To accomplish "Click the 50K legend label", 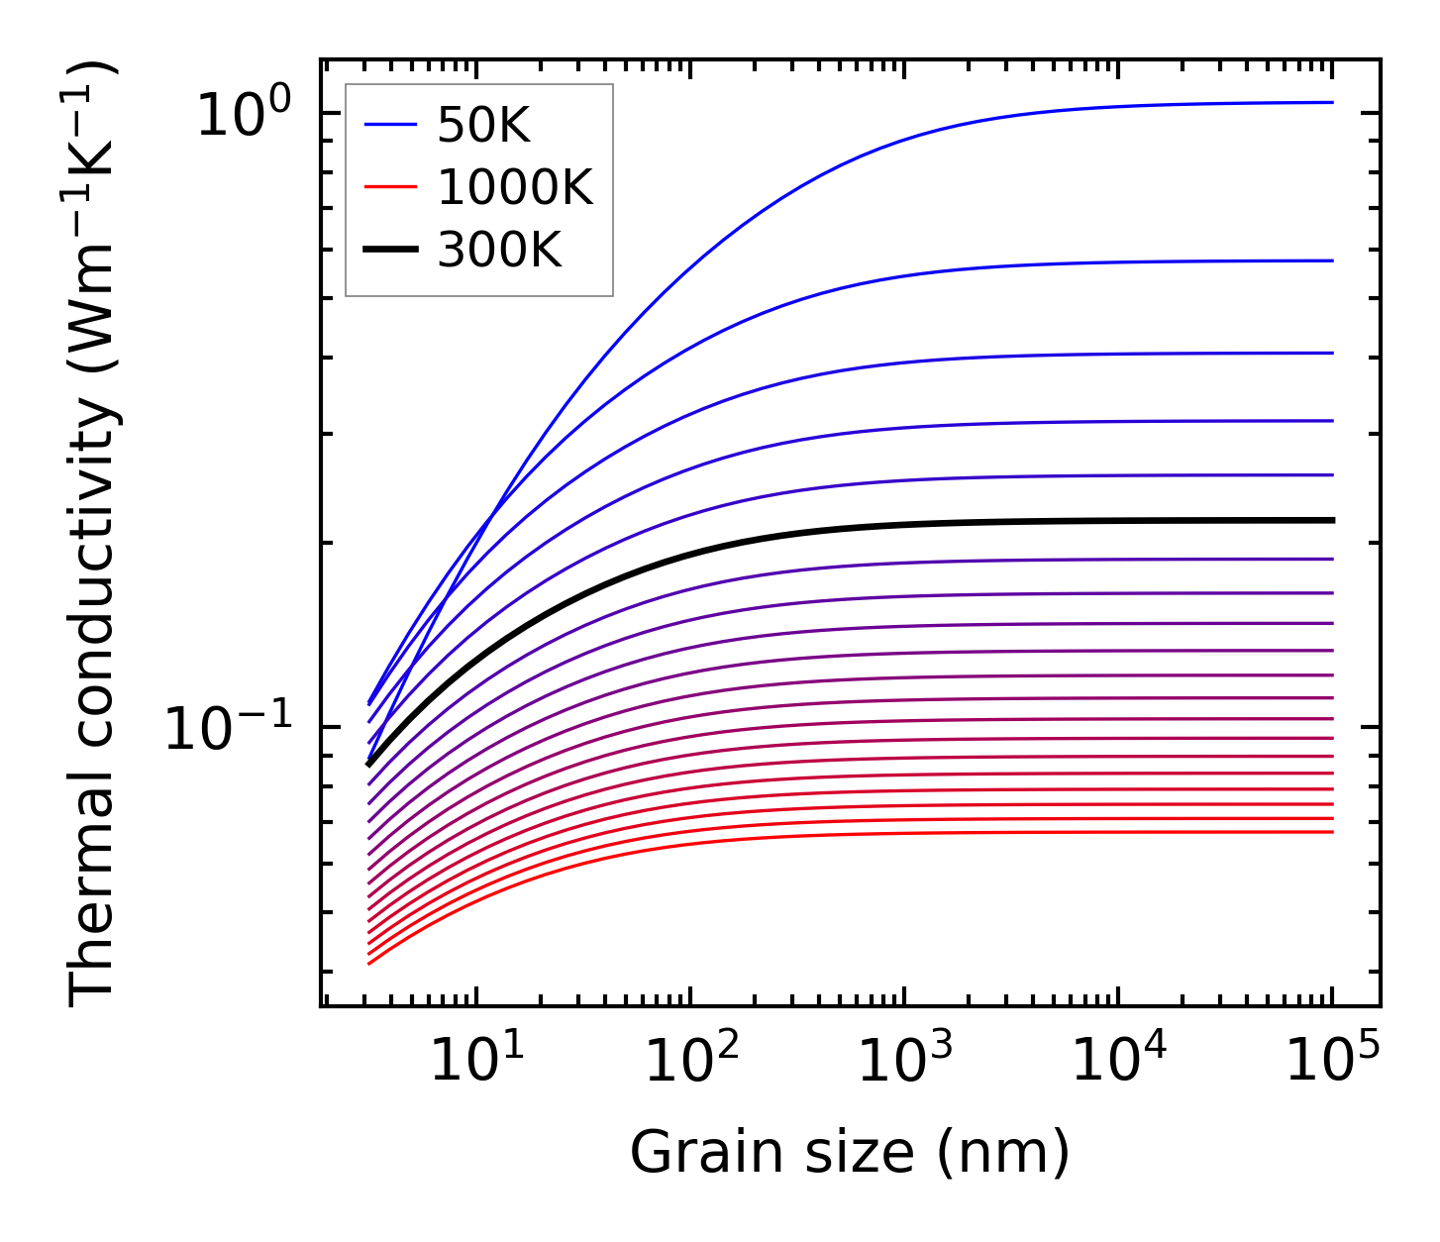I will click(x=484, y=125).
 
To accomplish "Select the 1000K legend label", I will click(x=515, y=187).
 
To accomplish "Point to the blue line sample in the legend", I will click(x=391, y=125).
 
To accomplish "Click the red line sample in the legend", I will click(x=391, y=187).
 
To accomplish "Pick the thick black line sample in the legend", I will click(x=391, y=250).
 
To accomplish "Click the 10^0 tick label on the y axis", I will click(x=244, y=114).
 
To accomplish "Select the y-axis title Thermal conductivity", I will click(x=94, y=535).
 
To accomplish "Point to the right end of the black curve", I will click(x=1330, y=520).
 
